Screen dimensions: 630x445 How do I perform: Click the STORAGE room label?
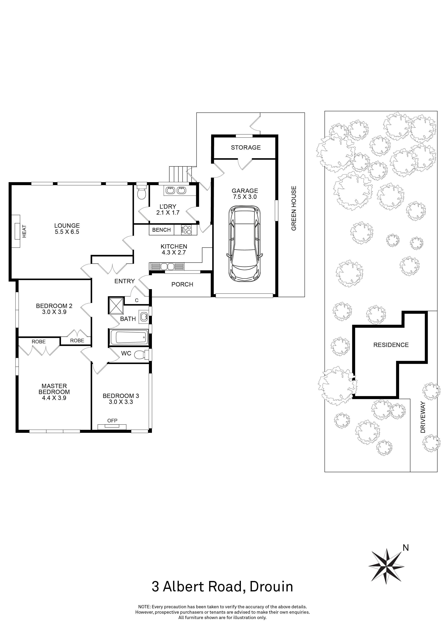click(x=246, y=148)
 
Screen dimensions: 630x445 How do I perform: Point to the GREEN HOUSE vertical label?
click(x=294, y=209)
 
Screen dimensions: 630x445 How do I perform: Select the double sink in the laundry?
click(x=176, y=190)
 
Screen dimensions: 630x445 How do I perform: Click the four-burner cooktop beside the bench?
click(x=186, y=230)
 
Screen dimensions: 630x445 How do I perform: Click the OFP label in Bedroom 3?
click(x=112, y=421)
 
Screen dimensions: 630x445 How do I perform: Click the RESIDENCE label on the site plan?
click(x=391, y=345)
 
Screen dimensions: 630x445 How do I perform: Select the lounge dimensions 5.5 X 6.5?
click(x=67, y=232)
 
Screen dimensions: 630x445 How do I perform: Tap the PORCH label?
click(x=182, y=284)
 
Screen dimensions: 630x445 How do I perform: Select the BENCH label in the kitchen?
click(x=161, y=230)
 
